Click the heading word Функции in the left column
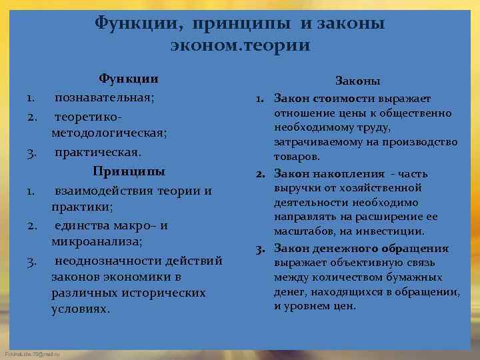click(133, 79)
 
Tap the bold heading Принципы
click(129, 171)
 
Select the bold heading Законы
click(358, 81)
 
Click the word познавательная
click(104, 97)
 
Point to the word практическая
click(97, 152)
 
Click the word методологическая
click(108, 133)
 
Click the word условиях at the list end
click(80, 310)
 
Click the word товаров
click(297, 157)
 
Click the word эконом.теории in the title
click(239, 46)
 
